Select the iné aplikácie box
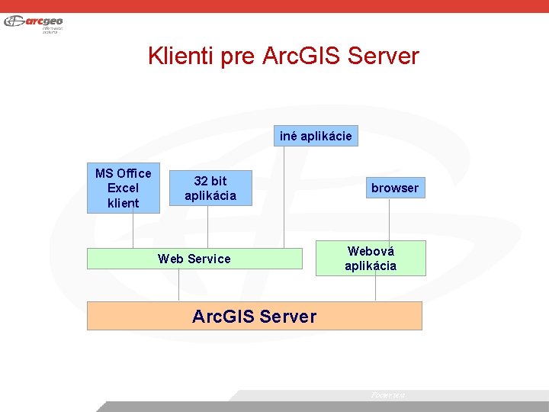pos(316,137)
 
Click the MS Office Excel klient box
pos(123,188)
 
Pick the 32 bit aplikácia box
pos(210,188)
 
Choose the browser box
pos(394,188)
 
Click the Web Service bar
pos(194,259)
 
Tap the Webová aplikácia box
pos(371,258)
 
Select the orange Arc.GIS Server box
pos(254,316)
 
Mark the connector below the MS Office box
pos(133,230)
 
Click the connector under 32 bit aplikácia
pos(208,227)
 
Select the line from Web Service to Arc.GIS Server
pos(179,285)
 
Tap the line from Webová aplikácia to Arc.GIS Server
pos(375,288)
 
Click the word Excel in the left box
pos(123,188)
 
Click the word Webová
pos(371,251)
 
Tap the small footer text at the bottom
pos(387,395)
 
